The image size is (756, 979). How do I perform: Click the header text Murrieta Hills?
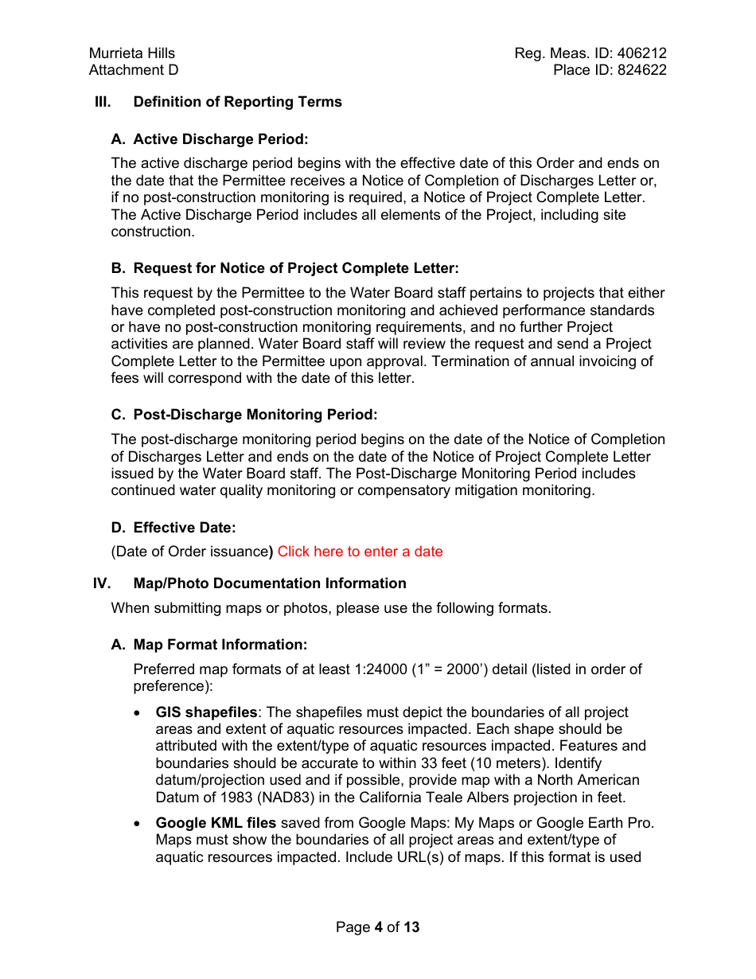click(132, 53)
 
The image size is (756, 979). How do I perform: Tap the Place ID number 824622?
click(641, 70)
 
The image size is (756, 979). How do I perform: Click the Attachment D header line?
click(134, 70)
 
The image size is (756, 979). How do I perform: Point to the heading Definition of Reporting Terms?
click(237, 102)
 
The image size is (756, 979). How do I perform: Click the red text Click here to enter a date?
click(360, 552)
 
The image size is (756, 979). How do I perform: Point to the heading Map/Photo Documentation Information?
click(269, 583)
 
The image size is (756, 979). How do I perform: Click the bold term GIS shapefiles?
click(206, 712)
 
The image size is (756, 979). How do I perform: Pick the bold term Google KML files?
click(216, 823)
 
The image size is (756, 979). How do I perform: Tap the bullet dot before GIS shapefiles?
click(138, 713)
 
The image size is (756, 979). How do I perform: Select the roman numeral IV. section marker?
click(102, 583)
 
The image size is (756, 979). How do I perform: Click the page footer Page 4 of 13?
click(377, 927)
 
